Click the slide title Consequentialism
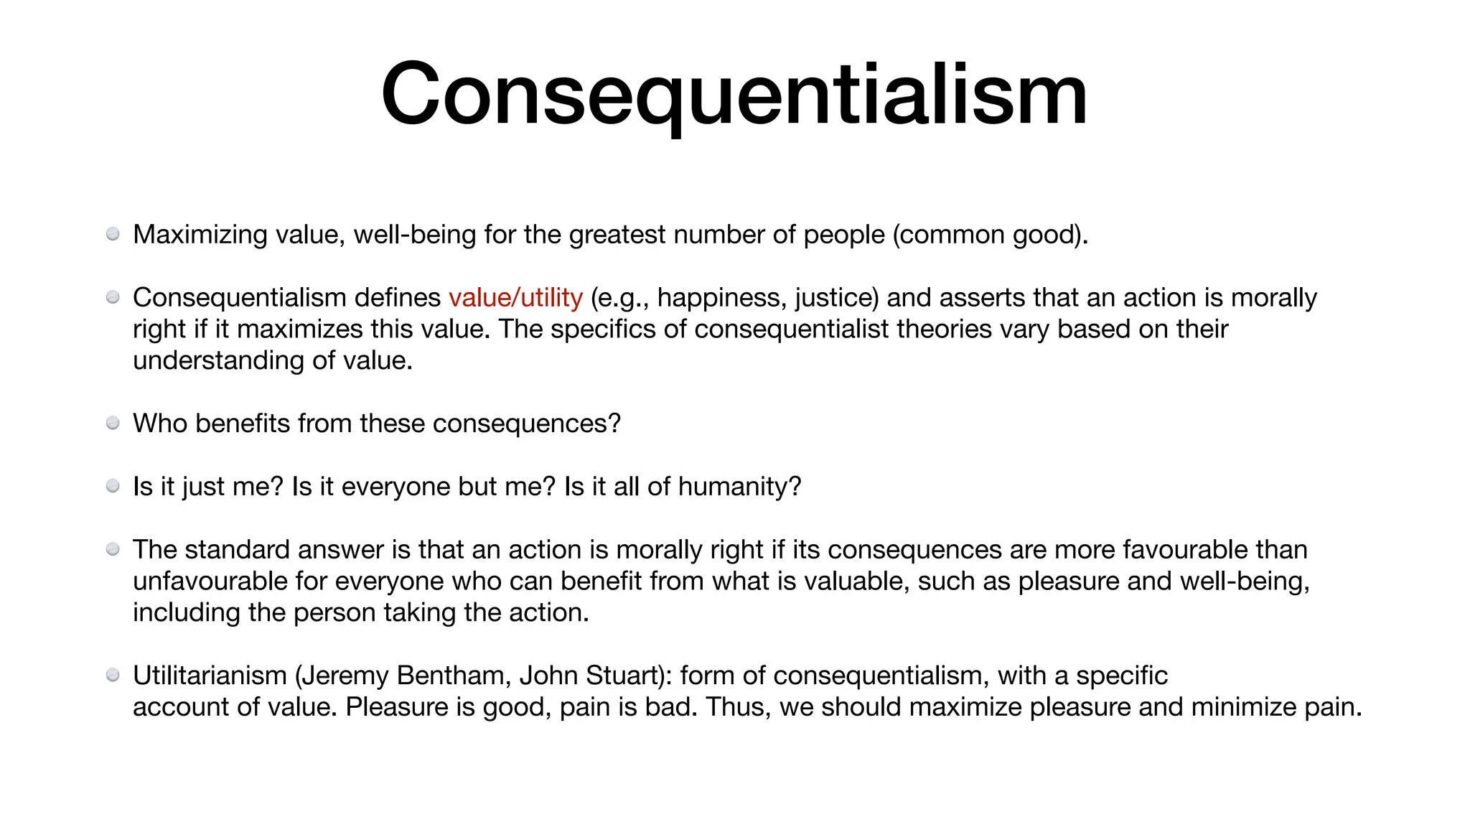point(734,95)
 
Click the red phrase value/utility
point(515,297)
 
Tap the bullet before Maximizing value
point(113,234)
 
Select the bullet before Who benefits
point(113,424)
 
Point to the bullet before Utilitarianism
point(113,676)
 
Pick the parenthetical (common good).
point(990,235)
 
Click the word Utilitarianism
point(210,676)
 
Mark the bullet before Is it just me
point(113,487)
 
